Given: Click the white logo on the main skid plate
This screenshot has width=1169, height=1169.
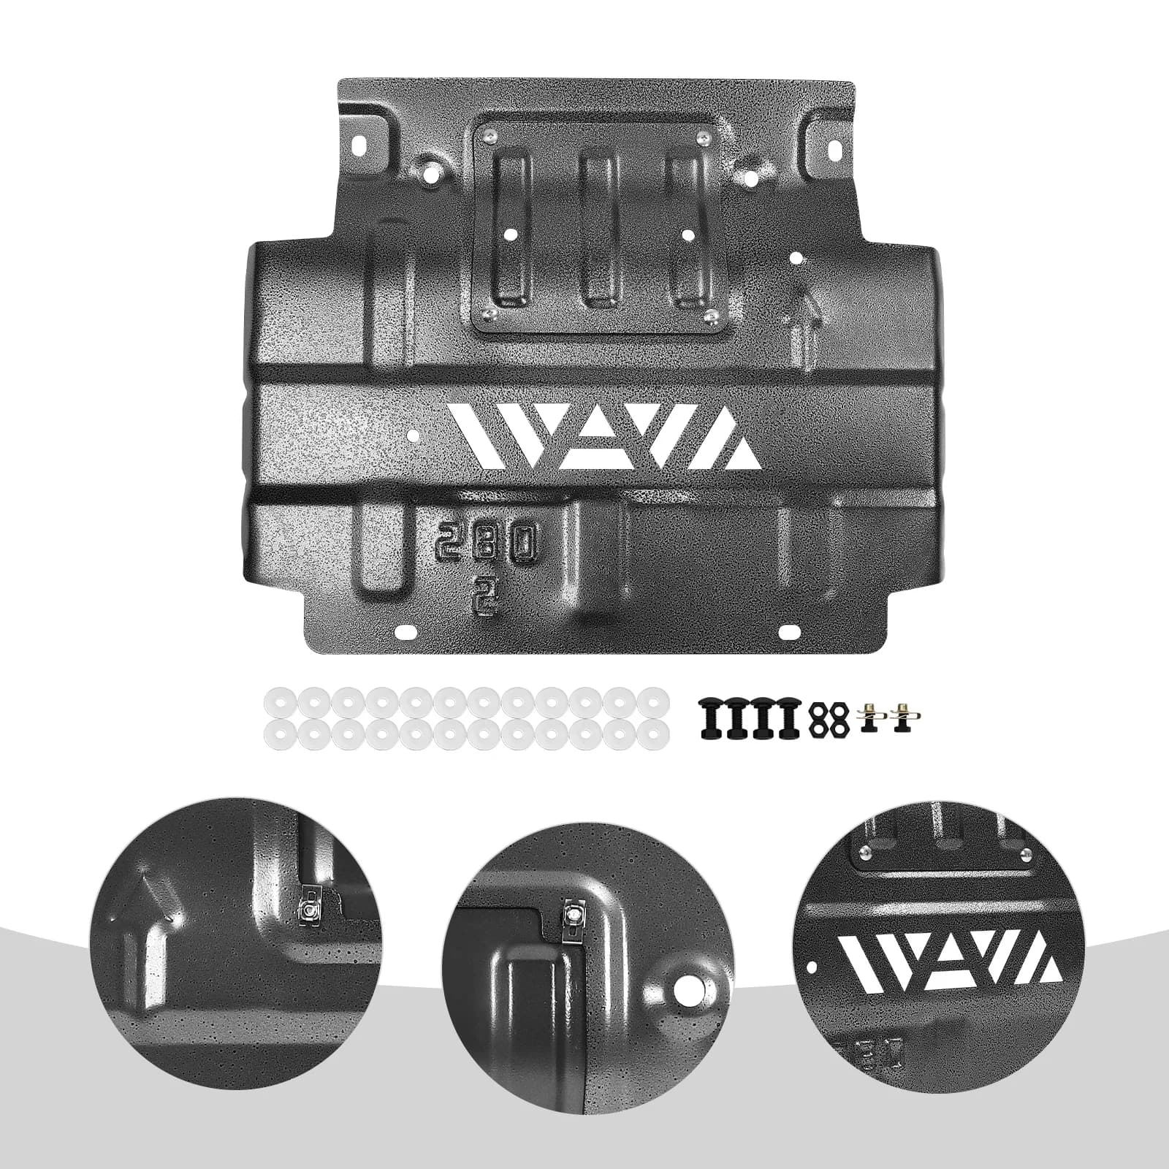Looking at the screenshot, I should click(606, 437).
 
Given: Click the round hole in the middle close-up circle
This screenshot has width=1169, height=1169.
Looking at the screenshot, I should click(688, 990).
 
